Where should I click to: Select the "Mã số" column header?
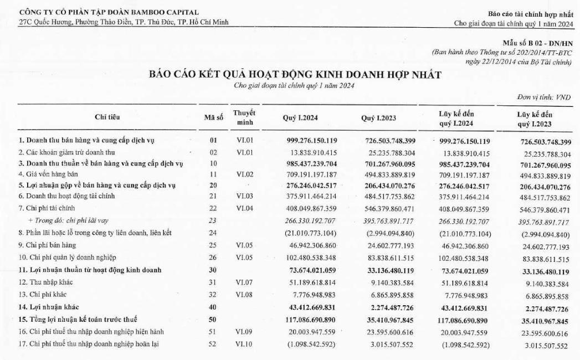tap(213, 117)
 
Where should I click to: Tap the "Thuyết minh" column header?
tap(244, 117)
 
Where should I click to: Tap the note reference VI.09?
tap(244, 332)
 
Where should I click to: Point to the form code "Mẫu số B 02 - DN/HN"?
tap(537, 43)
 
